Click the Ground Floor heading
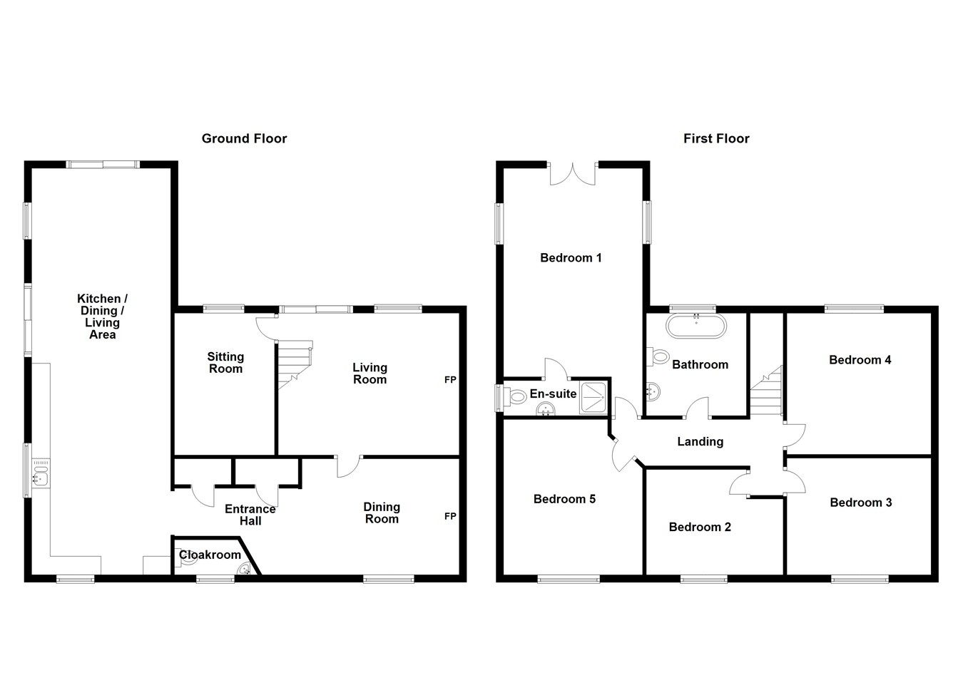click(x=244, y=138)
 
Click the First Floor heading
click(x=716, y=138)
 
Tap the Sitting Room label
click(x=225, y=362)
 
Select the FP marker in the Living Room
click(x=450, y=380)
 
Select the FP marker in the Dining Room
click(x=450, y=516)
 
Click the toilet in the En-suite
click(x=516, y=396)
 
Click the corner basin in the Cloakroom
click(x=243, y=569)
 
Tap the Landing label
click(x=700, y=442)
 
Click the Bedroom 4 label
click(x=860, y=360)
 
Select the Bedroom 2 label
click(x=700, y=527)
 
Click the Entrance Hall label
click(x=250, y=515)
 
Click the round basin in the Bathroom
click(x=653, y=390)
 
